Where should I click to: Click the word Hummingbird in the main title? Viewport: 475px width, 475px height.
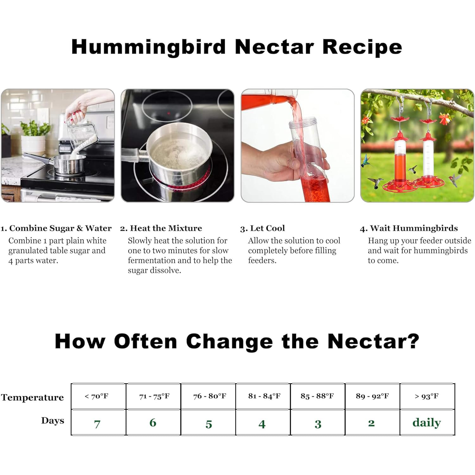(149, 47)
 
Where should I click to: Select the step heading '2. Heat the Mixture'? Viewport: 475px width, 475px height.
(161, 228)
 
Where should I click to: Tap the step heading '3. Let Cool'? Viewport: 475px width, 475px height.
(263, 228)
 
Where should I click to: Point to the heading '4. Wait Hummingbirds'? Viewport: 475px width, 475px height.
(409, 228)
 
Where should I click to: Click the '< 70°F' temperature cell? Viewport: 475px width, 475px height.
(98, 396)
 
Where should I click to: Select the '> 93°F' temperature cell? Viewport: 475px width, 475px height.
(427, 396)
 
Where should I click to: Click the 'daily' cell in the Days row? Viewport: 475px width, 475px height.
(427, 422)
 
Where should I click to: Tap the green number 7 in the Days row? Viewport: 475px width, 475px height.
(97, 424)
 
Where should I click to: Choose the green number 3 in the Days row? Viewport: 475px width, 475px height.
(318, 424)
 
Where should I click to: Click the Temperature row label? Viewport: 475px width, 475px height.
(32, 397)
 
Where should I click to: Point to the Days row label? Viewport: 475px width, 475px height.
(53, 421)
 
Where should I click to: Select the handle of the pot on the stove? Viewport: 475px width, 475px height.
(133, 155)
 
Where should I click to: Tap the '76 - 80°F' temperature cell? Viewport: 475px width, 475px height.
(209, 396)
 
